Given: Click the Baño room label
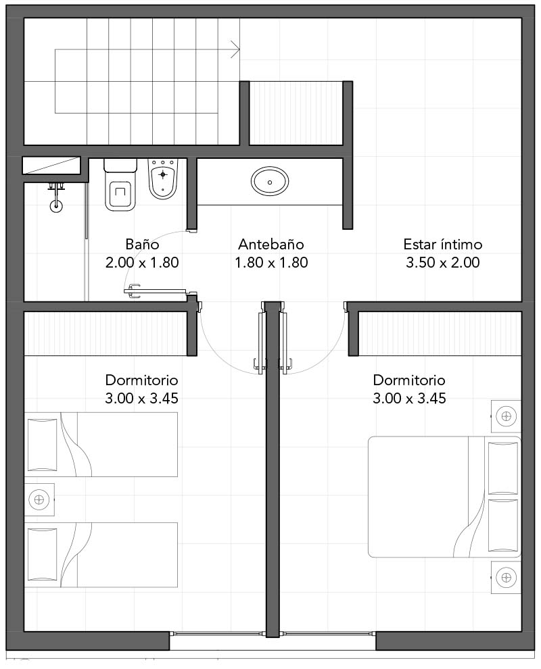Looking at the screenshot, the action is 142,244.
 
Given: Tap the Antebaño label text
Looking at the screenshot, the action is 271,244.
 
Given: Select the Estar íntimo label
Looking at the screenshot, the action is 443,244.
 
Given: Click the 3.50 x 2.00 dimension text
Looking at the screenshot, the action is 443,262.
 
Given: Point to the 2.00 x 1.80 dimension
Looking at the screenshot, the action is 142,262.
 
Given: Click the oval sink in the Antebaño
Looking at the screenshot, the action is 270,181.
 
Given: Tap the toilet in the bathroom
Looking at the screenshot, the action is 120,184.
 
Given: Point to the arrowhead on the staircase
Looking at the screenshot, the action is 235,49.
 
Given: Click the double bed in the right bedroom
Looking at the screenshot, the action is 444,497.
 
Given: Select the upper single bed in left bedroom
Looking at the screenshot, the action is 101,444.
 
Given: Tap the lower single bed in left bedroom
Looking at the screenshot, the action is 101,555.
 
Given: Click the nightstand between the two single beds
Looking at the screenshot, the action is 39,499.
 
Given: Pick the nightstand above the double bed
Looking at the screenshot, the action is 506,416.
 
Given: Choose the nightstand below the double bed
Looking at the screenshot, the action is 506,578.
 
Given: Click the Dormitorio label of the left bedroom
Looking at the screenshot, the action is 142,380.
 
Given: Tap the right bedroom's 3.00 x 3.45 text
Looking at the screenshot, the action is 410,398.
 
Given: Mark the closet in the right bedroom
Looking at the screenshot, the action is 440,334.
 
